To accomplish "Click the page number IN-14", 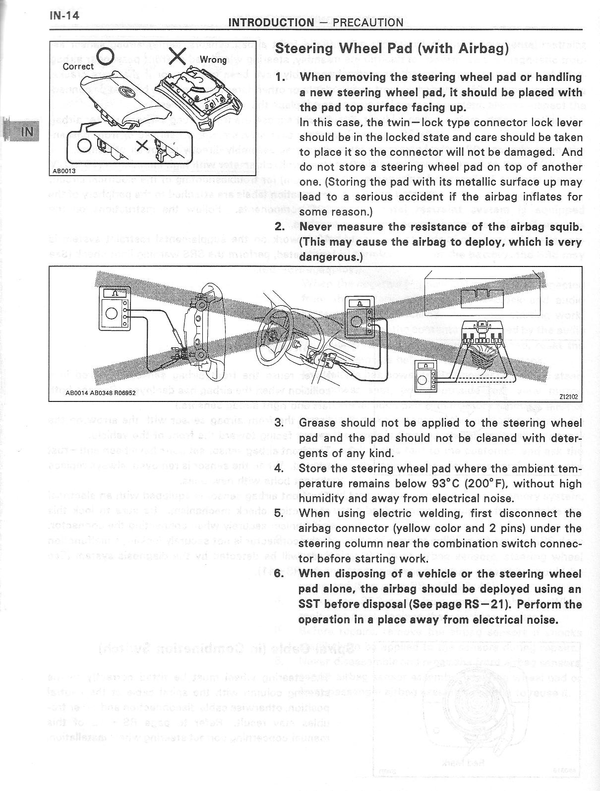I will pos(64,15).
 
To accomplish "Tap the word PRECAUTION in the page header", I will pos(368,22).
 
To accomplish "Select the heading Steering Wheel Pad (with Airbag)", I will pos(392,48).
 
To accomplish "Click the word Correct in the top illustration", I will pos(78,66).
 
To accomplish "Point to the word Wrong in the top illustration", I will pos(213,60).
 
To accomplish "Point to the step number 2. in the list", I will pos(280,227).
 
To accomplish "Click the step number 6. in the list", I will pos(280,574).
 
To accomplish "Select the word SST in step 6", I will pos(310,604).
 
